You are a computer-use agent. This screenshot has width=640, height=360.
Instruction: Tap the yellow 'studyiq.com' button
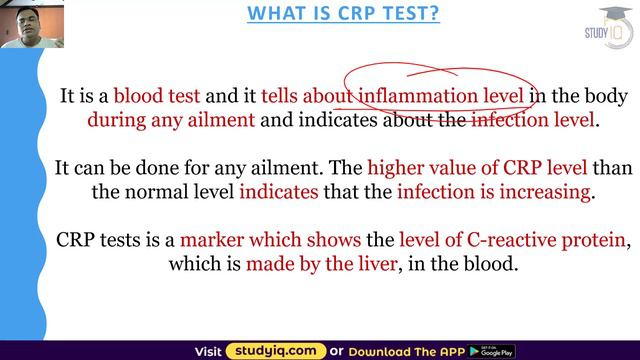coord(276,350)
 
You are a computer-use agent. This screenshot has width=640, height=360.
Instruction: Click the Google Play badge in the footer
coord(497,350)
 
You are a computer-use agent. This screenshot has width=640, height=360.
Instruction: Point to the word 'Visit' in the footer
coord(207,350)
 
